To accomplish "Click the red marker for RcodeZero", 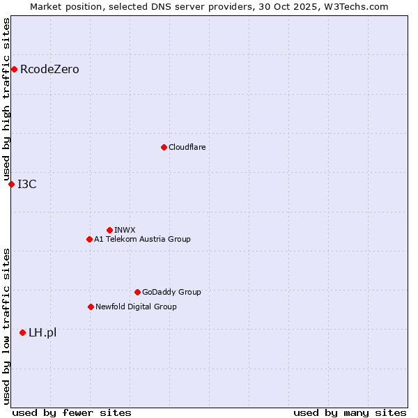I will (x=14, y=69).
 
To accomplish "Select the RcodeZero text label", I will (x=49, y=70).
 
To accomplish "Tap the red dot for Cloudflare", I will (x=164, y=147).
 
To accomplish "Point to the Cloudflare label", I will (x=187, y=148).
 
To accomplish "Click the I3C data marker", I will (x=11, y=184).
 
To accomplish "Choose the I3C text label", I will (x=27, y=185).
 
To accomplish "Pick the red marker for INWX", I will (x=109, y=230).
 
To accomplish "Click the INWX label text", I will (x=125, y=231).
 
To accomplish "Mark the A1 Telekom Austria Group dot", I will (x=89, y=239).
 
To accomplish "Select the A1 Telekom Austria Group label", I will (x=142, y=240).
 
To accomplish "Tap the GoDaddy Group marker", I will (x=137, y=292).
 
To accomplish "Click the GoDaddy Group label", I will (x=171, y=293).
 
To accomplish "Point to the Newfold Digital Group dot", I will (x=91, y=307).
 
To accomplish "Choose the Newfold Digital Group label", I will (x=136, y=307).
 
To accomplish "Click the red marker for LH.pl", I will (x=23, y=332).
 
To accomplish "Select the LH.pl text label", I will (x=42, y=333).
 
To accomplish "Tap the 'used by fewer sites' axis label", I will (x=72, y=412).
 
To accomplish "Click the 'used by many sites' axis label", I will (x=350, y=412).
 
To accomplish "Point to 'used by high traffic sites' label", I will (x=6, y=100).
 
